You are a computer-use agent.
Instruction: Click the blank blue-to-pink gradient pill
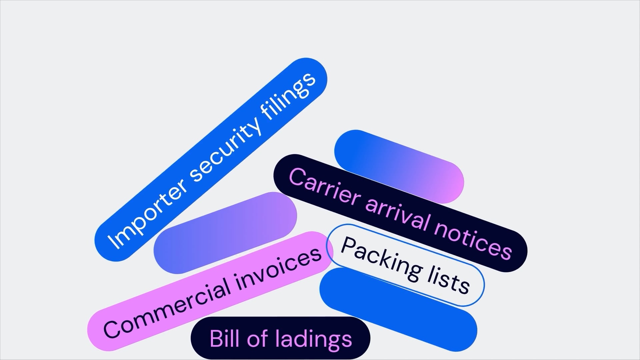(x=399, y=167)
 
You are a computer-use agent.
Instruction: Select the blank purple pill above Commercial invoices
(x=225, y=233)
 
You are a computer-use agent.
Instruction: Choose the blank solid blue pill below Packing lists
(x=398, y=309)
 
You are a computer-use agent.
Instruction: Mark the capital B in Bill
(x=216, y=339)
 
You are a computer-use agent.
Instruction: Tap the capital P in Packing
(x=349, y=247)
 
